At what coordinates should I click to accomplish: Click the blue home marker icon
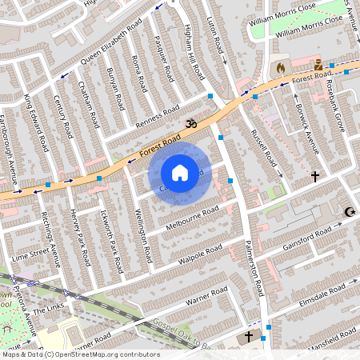(x=180, y=172)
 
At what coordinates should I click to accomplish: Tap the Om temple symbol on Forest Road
(x=190, y=124)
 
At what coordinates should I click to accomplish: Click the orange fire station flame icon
(x=280, y=68)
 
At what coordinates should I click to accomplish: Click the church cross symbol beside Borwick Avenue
(x=314, y=175)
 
